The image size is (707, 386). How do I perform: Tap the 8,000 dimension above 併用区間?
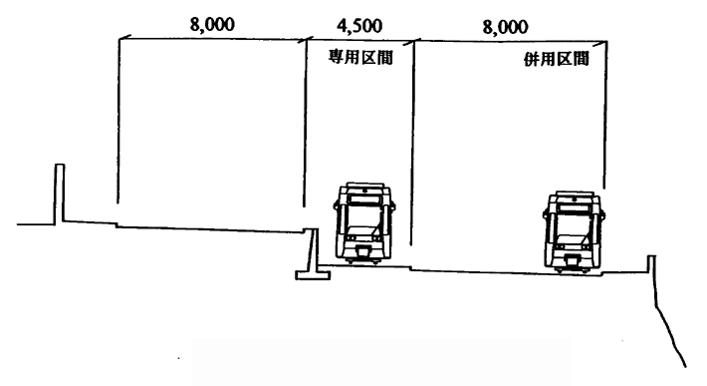(506, 26)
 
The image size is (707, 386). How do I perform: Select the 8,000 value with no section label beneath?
(211, 24)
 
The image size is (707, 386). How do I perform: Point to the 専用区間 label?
(356, 57)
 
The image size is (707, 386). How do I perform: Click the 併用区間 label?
(556, 59)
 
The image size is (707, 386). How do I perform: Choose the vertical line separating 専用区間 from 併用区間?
(411, 150)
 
